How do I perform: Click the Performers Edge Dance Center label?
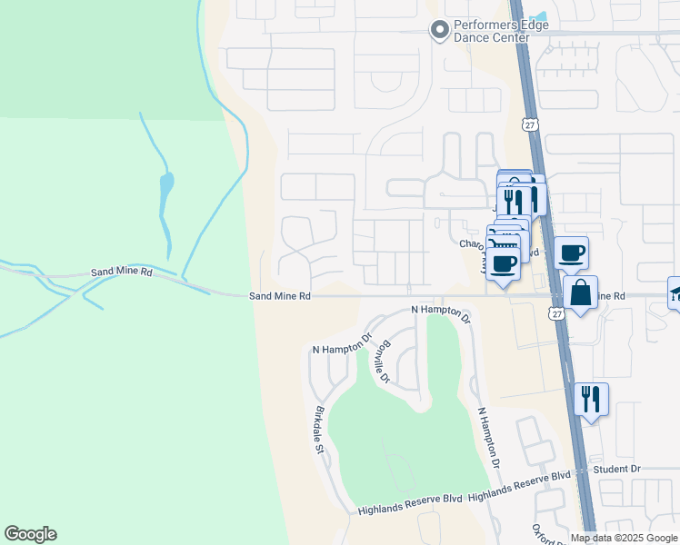point(492,32)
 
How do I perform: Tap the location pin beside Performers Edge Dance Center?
point(440,30)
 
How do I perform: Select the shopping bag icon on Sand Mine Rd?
point(580,293)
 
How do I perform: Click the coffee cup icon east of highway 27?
point(571,253)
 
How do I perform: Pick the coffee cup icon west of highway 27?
point(503,263)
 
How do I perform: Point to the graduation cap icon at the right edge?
point(675,292)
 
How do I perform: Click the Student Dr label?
point(616,469)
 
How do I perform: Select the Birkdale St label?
point(319,429)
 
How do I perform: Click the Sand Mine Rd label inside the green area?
point(121,272)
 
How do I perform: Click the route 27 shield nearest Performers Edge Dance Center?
point(530,124)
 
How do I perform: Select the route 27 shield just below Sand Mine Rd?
point(557,313)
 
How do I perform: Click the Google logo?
point(30,534)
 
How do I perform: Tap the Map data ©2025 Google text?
point(624,539)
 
